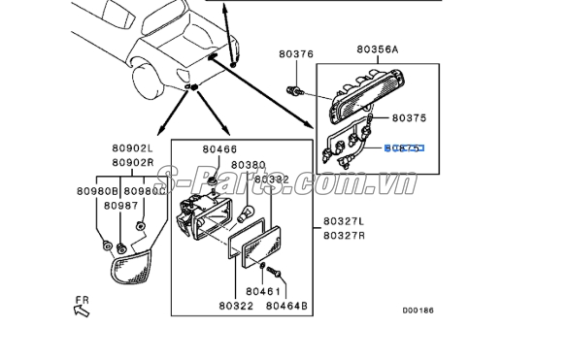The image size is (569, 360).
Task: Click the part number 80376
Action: pyautogui.click(x=295, y=54)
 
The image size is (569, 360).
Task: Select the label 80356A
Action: pyautogui.click(x=377, y=48)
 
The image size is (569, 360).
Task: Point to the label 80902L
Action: pyautogui.click(x=131, y=149)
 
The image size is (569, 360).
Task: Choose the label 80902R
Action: pyautogui.click(x=131, y=163)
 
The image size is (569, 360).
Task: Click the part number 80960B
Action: pyautogui.click(x=95, y=191)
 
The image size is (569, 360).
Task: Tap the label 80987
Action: pyautogui.click(x=121, y=205)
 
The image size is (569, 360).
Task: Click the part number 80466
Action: pyautogui.click(x=219, y=149)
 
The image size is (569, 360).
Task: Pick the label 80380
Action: pyautogui.click(x=249, y=165)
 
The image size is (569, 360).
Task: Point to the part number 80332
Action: pyautogui.click(x=273, y=180)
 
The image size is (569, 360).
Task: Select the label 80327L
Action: pyautogui.click(x=343, y=221)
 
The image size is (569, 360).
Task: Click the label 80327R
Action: pyautogui.click(x=343, y=235)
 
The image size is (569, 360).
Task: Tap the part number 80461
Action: pyautogui.click(x=262, y=290)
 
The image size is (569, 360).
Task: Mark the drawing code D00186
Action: pyautogui.click(x=418, y=311)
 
